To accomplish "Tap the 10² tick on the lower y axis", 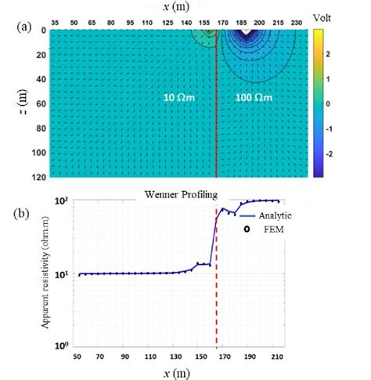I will point(66,201).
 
